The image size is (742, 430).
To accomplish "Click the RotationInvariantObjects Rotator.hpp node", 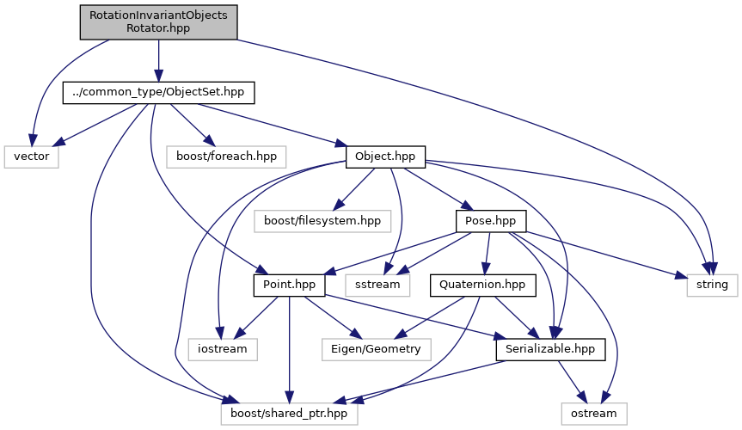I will click(158, 21).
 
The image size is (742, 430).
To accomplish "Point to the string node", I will click(712, 284).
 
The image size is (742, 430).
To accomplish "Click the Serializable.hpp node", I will click(550, 348).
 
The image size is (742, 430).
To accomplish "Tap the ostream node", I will click(594, 413).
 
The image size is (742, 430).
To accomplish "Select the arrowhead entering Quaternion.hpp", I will click(488, 270).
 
